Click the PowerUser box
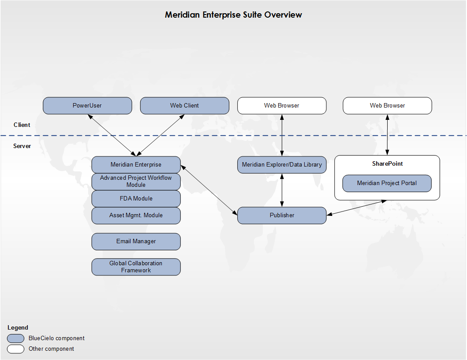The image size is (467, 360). coord(87,106)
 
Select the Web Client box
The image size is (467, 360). coord(184,106)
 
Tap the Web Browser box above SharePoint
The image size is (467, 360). coord(387,106)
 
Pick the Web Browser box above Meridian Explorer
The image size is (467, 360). coord(282,106)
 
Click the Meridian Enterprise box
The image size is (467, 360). coord(136,165)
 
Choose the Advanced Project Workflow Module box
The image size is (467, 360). coord(136,182)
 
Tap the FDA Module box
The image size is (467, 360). coord(136,199)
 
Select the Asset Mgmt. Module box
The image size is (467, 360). coord(136,215)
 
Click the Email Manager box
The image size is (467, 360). coord(136,241)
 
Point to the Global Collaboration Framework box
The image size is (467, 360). coord(136,267)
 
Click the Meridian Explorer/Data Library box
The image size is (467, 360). coord(282,165)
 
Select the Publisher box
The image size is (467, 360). coord(282,215)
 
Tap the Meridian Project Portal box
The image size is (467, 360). coord(387,183)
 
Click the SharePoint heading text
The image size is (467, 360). coord(387,164)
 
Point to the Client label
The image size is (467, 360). coord(22,125)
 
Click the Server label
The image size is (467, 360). coord(22,146)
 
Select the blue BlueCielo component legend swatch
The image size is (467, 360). coord(16,338)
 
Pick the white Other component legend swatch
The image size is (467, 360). coord(16,349)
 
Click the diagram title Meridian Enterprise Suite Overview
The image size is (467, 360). coord(233,15)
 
